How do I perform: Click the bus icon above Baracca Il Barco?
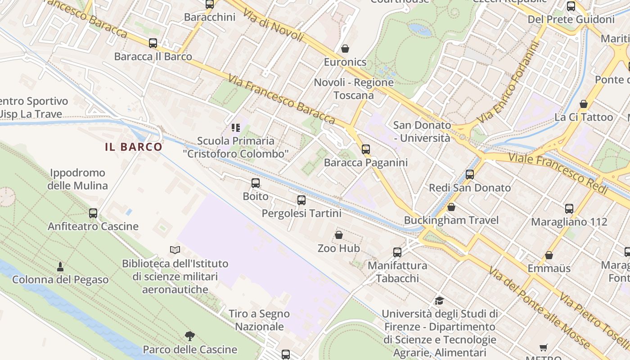point(153,43)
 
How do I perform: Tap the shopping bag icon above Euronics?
point(345,48)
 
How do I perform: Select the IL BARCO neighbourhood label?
point(134,147)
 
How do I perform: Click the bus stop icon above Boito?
point(256,183)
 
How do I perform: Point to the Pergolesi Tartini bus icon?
point(301,200)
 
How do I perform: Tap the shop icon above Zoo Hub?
point(339,235)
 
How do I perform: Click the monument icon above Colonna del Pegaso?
point(60,266)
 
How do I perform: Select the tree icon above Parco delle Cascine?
point(190,336)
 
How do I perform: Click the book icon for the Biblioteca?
point(175,250)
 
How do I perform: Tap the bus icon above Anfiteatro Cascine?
point(93,213)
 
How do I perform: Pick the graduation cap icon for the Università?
point(439,300)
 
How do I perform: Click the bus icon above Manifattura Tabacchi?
point(397,252)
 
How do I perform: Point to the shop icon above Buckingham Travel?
point(451,207)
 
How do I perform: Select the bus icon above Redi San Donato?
point(470,175)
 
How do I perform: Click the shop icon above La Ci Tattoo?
point(584,104)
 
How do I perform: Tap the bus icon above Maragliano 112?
point(569,209)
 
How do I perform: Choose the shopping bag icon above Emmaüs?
point(549,255)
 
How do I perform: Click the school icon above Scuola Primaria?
point(236,128)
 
